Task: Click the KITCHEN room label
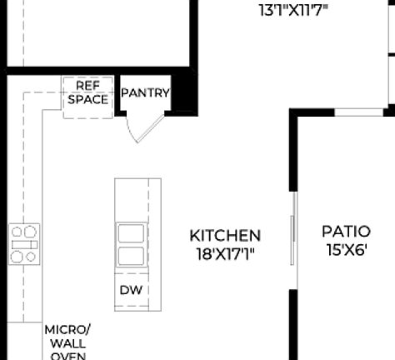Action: (x=225, y=236)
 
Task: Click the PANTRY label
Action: (x=146, y=93)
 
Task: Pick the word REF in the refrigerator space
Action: (x=87, y=86)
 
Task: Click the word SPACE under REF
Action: (x=87, y=99)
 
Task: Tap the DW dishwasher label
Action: (x=130, y=290)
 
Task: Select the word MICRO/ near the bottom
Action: (x=67, y=329)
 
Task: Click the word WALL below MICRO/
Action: (x=67, y=342)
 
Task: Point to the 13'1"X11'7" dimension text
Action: (x=294, y=11)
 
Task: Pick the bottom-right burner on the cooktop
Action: (x=32, y=257)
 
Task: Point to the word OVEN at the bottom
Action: (x=67, y=355)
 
